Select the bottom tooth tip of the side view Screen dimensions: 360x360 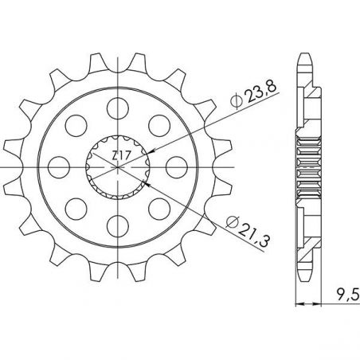(x=306, y=276)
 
